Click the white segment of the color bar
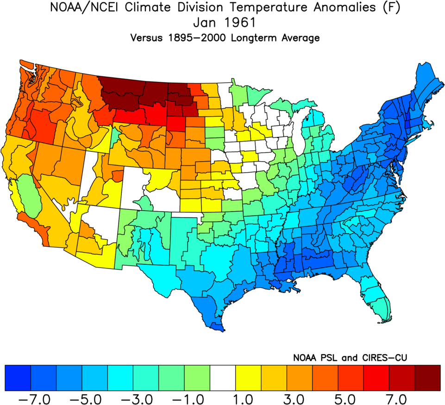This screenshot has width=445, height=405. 223,378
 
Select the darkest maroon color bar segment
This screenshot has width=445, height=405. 427,378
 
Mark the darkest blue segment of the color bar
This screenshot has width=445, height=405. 18,378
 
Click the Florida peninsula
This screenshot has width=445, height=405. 379,301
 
